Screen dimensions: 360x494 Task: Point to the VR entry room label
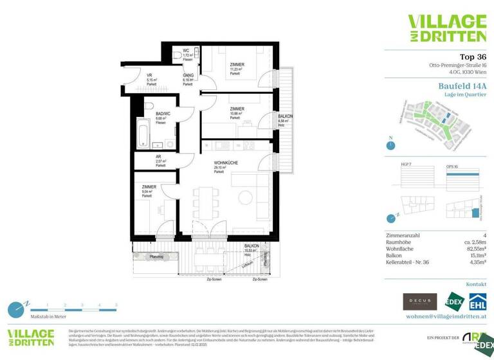coord(149,75)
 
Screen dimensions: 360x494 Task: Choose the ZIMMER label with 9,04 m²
coord(149,186)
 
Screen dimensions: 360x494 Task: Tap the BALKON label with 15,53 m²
coord(252,246)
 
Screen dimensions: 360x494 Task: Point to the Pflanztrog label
coord(156,256)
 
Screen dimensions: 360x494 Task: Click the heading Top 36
coord(473,57)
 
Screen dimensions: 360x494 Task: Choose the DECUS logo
coord(417,301)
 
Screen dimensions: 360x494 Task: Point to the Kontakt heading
coord(475,283)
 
